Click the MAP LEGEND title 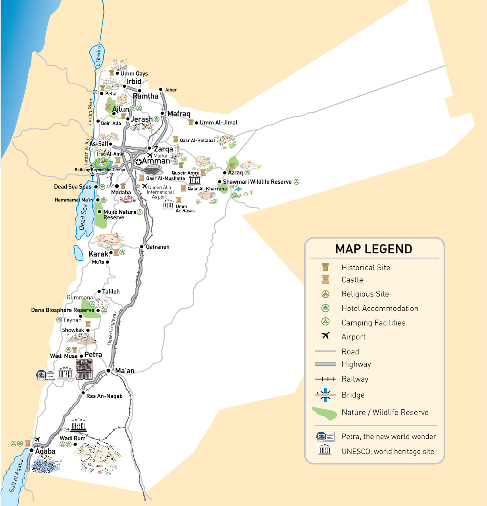pos(373,249)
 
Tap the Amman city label pos(156,161)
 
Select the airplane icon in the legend pos(325,336)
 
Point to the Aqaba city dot pos(31,450)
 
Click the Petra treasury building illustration pos(84,369)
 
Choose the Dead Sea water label pos(83,217)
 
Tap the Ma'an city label pos(125,371)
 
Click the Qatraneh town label pos(158,247)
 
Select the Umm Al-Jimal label pos(219,122)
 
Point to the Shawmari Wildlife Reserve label pos(257,182)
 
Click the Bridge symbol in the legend pos(325,395)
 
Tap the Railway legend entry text pos(355,379)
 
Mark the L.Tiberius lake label pos(98,56)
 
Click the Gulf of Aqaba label pos(16,476)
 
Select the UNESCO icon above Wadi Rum pos(79,425)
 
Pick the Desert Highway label pos(112,328)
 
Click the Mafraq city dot pos(162,113)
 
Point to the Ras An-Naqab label pos(104,396)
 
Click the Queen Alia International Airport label pos(160,192)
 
